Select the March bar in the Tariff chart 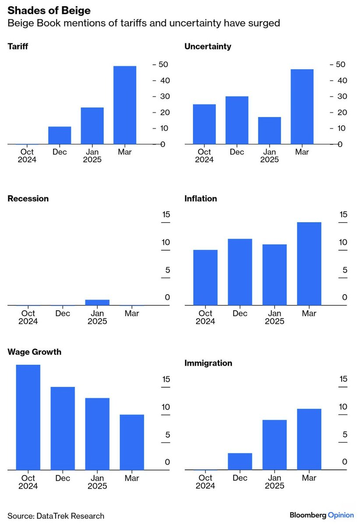(x=125, y=105)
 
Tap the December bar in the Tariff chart (x=60, y=135)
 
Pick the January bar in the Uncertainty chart (x=269, y=131)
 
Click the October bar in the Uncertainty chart (x=204, y=124)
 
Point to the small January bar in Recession (x=97, y=302)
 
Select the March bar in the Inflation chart (x=309, y=263)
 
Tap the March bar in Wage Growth (x=132, y=442)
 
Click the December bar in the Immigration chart (x=240, y=462)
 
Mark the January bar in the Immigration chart (x=274, y=445)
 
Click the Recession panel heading (x=28, y=199)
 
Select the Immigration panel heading (x=208, y=363)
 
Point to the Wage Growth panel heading (x=35, y=352)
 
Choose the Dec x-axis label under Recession (x=63, y=313)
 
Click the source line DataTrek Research (x=56, y=516)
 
